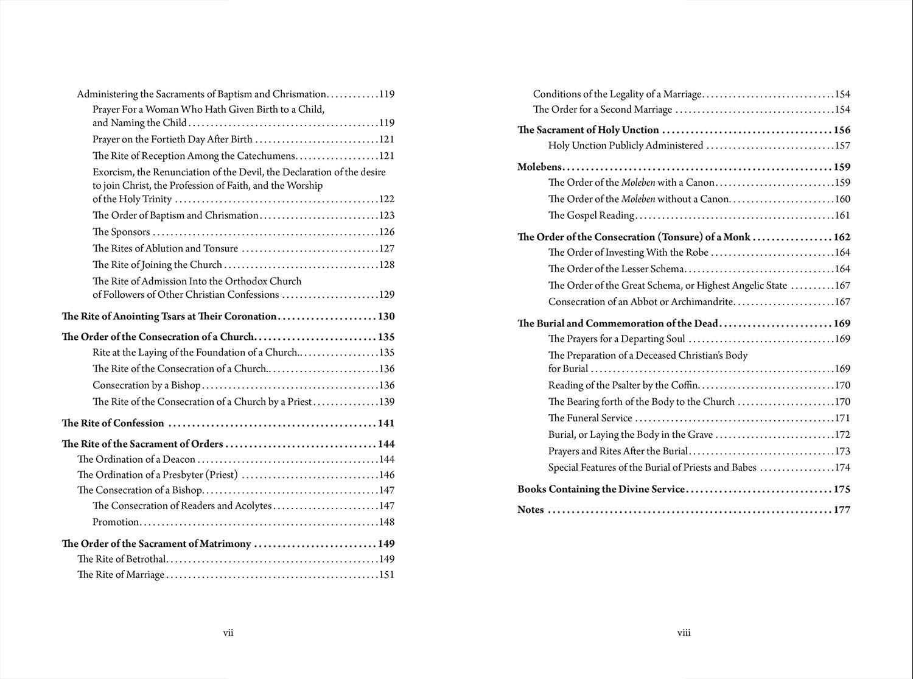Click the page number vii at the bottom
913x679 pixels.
pos(228,633)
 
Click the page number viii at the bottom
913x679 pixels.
pos(684,633)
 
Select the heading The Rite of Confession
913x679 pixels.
pos(113,423)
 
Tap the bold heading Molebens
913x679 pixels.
pos(539,167)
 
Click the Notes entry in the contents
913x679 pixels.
pos(530,510)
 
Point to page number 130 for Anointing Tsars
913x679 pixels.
pos(386,317)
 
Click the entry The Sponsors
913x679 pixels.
pos(121,232)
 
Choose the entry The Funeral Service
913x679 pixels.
pos(590,418)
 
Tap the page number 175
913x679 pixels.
pos(842,490)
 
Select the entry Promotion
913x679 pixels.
pos(116,522)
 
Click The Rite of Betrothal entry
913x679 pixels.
pos(121,559)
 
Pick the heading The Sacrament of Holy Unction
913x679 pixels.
pos(588,130)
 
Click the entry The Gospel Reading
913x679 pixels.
pos(591,216)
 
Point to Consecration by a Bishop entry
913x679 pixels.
pos(146,385)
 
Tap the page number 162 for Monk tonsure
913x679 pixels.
pos(842,237)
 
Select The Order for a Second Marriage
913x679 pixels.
pos(603,110)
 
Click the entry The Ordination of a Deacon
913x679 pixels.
pos(136,459)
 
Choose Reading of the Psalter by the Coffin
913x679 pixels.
pos(623,385)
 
